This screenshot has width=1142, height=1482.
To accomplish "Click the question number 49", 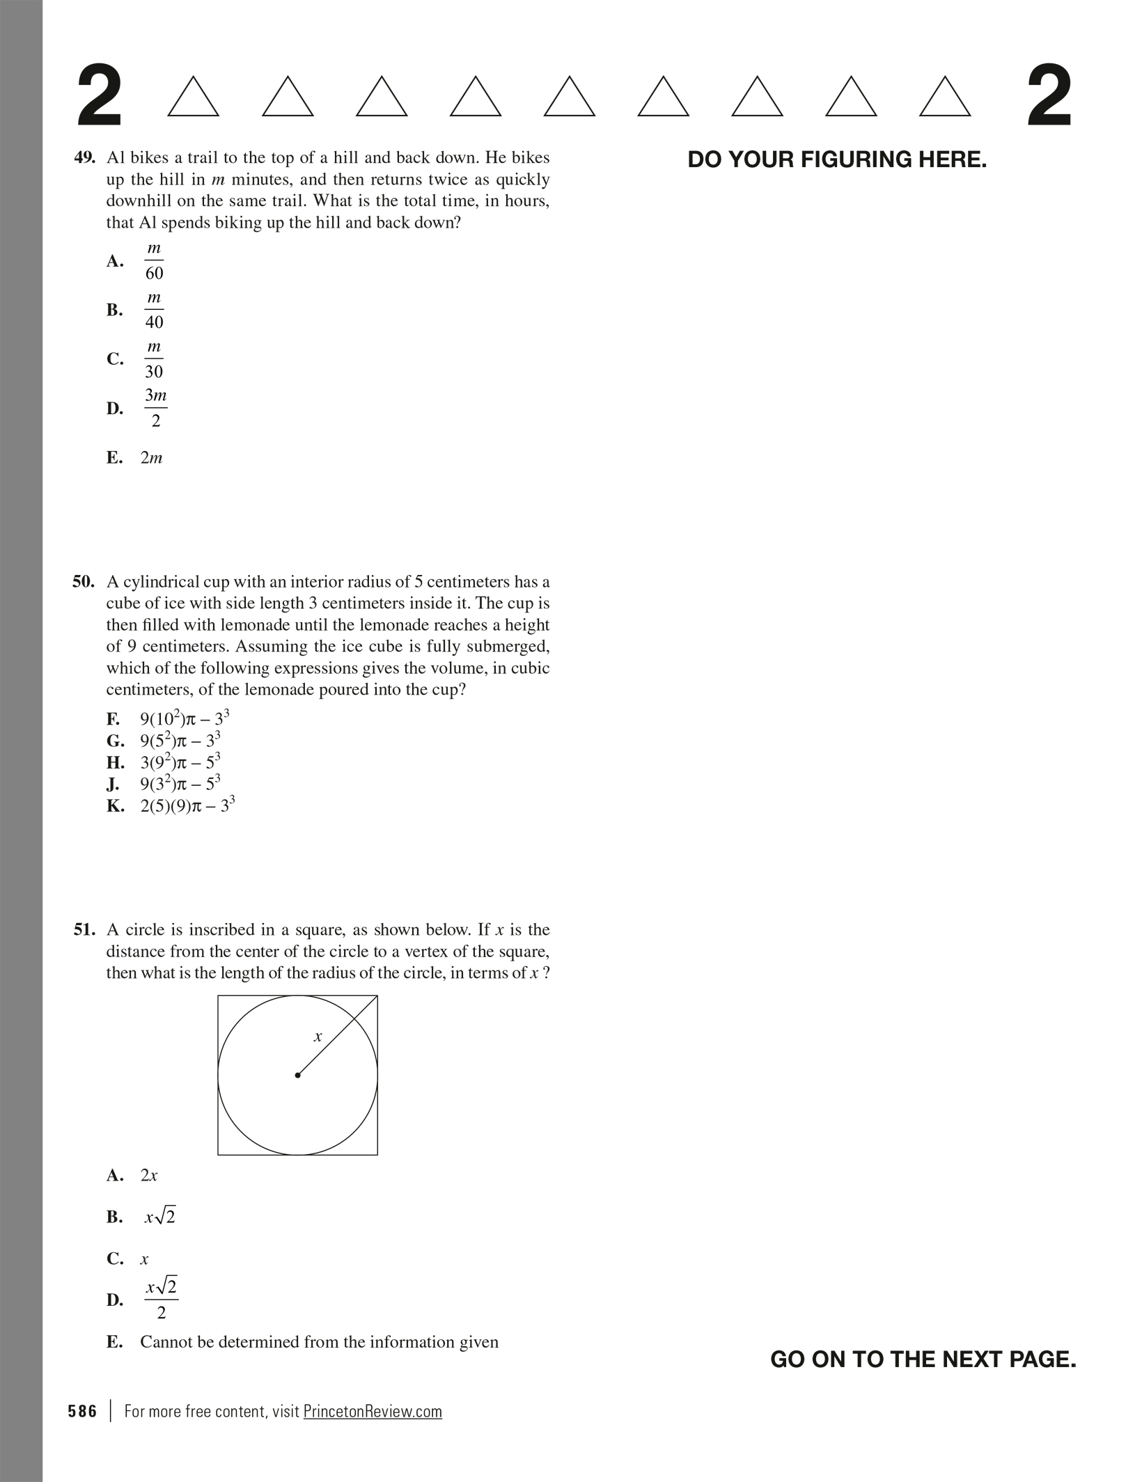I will (x=84, y=158).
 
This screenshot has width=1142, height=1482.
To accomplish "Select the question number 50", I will (x=83, y=582).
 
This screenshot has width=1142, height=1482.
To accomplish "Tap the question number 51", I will (x=84, y=930).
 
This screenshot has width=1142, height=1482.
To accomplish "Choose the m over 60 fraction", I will (x=154, y=261).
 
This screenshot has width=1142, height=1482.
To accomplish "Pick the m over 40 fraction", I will (x=154, y=310).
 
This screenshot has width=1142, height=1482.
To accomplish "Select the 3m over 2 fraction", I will (x=155, y=408).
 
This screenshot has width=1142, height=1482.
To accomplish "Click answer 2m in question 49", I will (x=151, y=458).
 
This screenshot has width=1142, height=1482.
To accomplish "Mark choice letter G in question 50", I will (x=115, y=741).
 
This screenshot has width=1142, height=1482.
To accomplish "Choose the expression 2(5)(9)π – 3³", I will (x=187, y=806).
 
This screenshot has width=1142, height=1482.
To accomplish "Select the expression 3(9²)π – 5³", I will (x=180, y=762).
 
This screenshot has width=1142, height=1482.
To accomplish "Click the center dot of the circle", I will (x=298, y=1075).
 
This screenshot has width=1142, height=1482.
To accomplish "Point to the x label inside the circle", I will (x=318, y=1037).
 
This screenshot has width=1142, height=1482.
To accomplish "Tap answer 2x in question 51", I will (x=149, y=1176).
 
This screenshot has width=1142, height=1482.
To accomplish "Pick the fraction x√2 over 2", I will (x=162, y=1300).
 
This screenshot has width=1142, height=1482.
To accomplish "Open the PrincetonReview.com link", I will (x=373, y=1412).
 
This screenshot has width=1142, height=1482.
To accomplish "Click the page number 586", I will (x=82, y=1412).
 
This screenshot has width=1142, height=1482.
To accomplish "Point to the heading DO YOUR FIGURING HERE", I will (x=837, y=160).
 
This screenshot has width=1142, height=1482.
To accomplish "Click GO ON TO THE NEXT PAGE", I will (x=923, y=1359).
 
